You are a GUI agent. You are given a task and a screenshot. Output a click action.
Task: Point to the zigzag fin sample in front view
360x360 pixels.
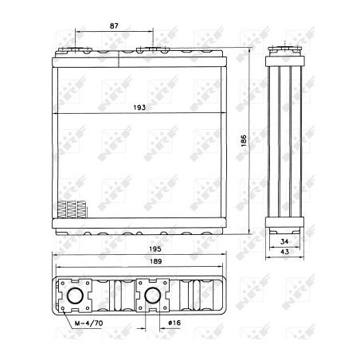coord(72,209)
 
